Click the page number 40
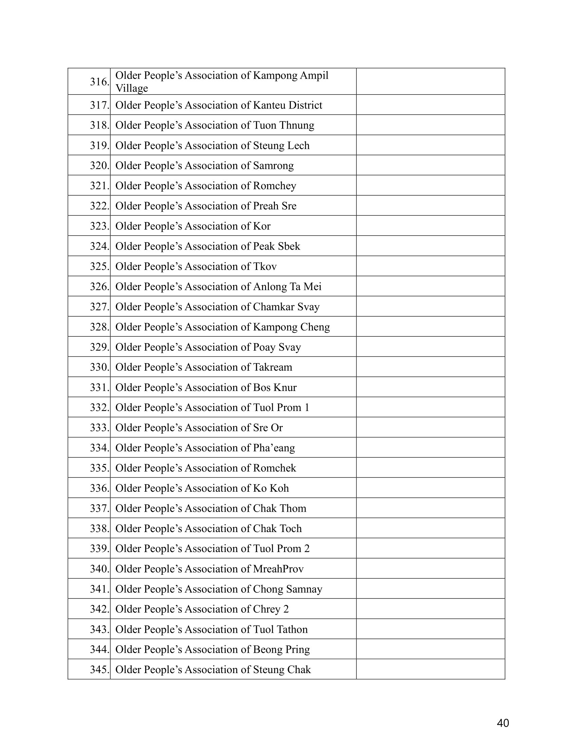click(503, 723)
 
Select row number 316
click(99, 82)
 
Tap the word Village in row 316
click(132, 89)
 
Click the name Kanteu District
click(287, 105)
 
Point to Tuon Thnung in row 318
click(283, 125)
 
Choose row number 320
click(99, 166)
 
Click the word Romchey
click(275, 186)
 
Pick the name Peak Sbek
click(276, 246)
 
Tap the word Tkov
click(265, 267)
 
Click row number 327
click(99, 307)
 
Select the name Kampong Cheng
click(291, 327)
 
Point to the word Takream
click(273, 367)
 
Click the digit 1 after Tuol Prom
click(306, 408)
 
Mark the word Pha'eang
click(274, 448)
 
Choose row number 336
click(99, 488)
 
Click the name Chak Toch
click(277, 528)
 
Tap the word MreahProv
click(278, 569)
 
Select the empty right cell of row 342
click(430, 609)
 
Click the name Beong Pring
click(281, 649)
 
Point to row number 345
click(99, 669)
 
